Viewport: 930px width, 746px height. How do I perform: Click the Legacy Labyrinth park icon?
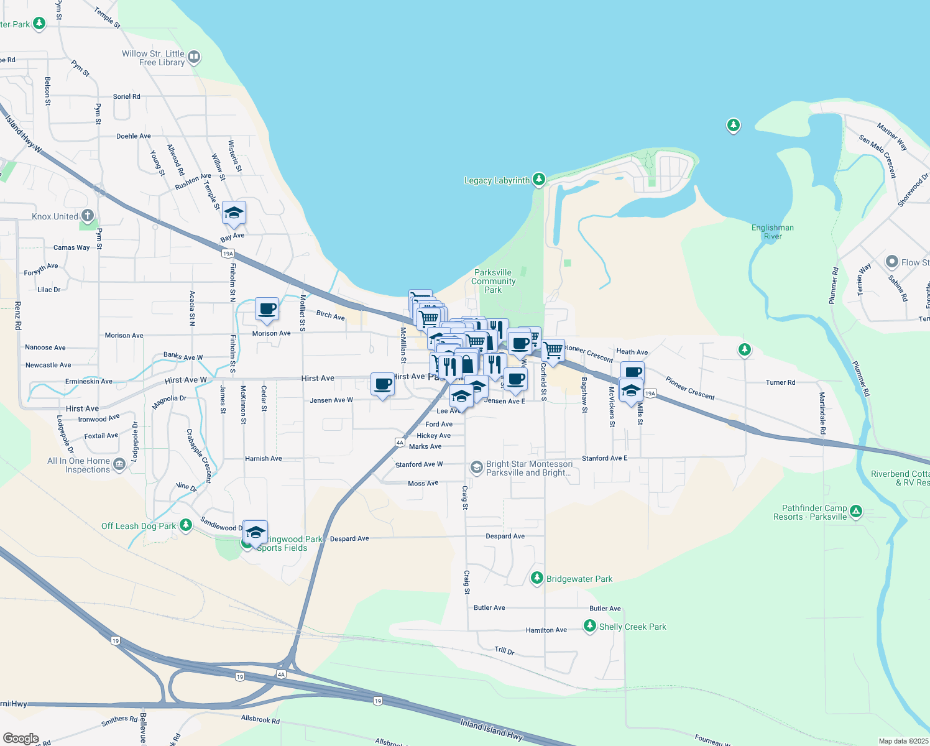[x=539, y=180]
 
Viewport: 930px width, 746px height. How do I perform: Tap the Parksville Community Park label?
[x=493, y=281]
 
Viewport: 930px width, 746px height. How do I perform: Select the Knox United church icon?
[x=88, y=216]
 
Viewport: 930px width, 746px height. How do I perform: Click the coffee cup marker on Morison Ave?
[x=267, y=309]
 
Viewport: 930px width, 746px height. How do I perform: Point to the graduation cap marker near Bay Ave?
[x=234, y=213]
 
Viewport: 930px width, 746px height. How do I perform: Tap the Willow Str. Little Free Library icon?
[x=194, y=58]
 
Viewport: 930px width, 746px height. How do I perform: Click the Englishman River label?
[x=772, y=232]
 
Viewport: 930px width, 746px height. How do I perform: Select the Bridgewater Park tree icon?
[x=536, y=578]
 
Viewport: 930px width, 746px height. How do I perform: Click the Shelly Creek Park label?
[x=632, y=627]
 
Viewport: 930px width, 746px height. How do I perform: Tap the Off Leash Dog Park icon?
[x=185, y=525]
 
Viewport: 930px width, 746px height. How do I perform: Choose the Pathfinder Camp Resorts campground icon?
[x=856, y=512]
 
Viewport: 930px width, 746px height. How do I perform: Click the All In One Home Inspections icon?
[x=119, y=464]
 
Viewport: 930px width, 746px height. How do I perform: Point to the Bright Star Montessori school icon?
[x=476, y=467]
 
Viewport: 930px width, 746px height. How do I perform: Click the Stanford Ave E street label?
[x=604, y=458]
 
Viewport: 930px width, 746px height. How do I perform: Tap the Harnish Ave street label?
[x=264, y=459]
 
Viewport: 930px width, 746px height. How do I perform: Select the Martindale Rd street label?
[x=822, y=413]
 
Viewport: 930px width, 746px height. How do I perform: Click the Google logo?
[x=21, y=738]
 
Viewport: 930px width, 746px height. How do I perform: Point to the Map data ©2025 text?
[x=903, y=741]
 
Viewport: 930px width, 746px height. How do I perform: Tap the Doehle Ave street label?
[x=134, y=136]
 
